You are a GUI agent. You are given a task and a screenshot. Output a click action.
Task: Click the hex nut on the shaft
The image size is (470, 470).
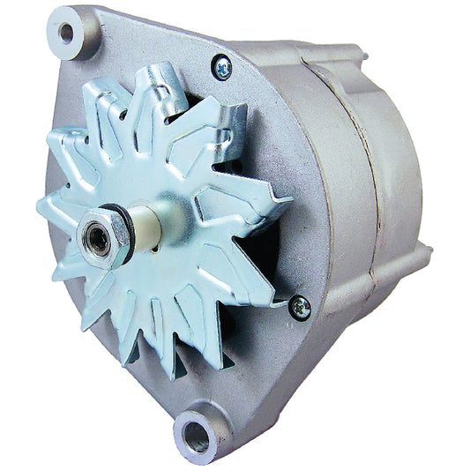pyautogui.click(x=104, y=235)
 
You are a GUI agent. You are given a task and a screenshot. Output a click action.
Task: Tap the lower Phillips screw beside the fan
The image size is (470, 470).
pyautogui.click(x=300, y=305)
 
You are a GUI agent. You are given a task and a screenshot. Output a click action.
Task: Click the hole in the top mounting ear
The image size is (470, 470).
pyautogui.click(x=65, y=34)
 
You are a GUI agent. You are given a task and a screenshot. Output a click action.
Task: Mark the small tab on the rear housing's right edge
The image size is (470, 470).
pyautogui.click(x=427, y=257)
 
